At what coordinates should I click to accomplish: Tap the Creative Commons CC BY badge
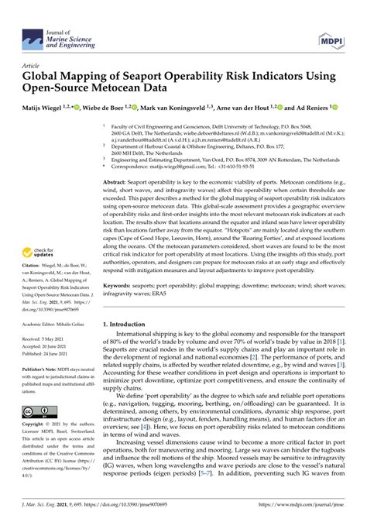[37, 411]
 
